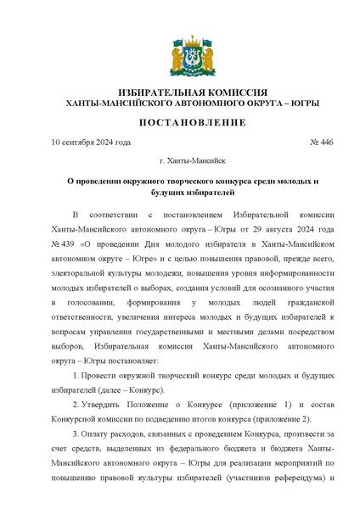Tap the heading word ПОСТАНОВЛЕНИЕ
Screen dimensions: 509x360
pyautogui.click(x=179, y=122)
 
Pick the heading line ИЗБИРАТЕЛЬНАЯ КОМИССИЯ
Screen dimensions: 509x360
pyautogui.click(x=179, y=92)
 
